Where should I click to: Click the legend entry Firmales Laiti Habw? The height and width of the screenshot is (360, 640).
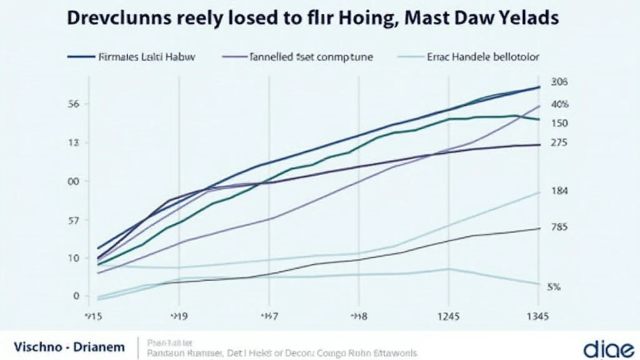pyautogui.click(x=147, y=57)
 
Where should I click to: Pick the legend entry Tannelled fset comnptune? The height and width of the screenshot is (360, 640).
pyautogui.click(x=311, y=57)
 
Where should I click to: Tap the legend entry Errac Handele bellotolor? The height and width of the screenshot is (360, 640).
pyautogui.click(x=485, y=57)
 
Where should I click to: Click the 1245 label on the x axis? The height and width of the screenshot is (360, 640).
pyautogui.click(x=447, y=316)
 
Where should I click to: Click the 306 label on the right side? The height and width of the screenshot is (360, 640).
pyautogui.click(x=558, y=82)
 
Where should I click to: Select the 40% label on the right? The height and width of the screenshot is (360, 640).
pyautogui.click(x=559, y=104)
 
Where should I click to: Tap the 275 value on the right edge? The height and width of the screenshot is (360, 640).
pyautogui.click(x=559, y=142)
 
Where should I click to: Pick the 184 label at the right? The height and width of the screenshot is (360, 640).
pyautogui.click(x=559, y=191)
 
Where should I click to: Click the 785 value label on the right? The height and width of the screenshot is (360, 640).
pyautogui.click(x=559, y=227)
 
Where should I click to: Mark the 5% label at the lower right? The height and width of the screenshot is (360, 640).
pyautogui.click(x=554, y=287)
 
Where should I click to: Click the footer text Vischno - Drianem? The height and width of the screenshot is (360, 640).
pyautogui.click(x=68, y=346)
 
